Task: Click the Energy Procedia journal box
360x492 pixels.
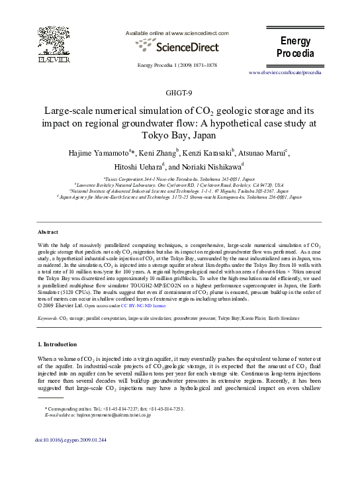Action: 295,47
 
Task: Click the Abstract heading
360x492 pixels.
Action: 48,232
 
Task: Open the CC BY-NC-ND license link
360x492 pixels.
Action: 144,306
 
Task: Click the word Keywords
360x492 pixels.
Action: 47,319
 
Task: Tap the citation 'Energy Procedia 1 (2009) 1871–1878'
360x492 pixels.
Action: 177,65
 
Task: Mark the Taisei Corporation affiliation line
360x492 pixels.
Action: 179,179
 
